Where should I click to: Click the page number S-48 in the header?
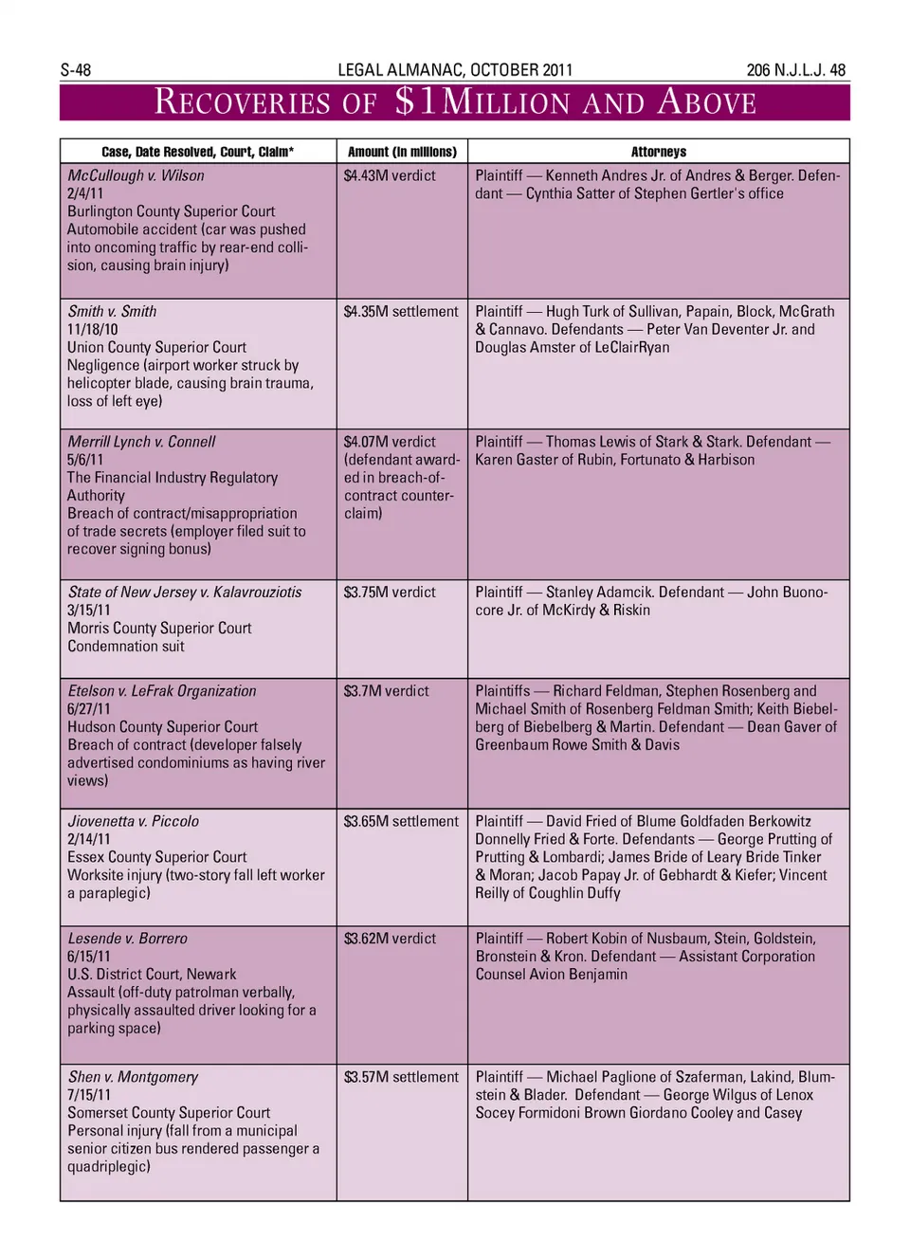(x=76, y=70)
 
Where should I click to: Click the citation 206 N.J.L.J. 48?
(x=795, y=70)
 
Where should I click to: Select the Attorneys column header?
(x=659, y=152)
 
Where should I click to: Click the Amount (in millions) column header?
(x=402, y=152)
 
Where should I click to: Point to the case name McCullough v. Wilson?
(x=136, y=175)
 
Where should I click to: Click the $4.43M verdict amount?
(x=390, y=175)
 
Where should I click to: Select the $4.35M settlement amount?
(x=401, y=311)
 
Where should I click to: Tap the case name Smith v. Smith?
(x=112, y=311)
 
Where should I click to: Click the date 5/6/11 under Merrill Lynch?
(x=85, y=460)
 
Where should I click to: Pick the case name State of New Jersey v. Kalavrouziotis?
(x=184, y=592)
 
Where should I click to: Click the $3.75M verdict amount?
(x=390, y=592)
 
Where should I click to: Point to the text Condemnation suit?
(x=126, y=646)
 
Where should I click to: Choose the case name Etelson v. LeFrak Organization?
(x=162, y=691)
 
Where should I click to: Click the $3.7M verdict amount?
(x=386, y=691)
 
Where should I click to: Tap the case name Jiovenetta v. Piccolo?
(x=133, y=821)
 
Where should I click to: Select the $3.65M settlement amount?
(x=401, y=821)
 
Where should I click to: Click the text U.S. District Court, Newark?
(x=152, y=974)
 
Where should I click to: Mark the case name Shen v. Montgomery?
(x=133, y=1077)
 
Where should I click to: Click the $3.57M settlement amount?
(x=401, y=1077)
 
